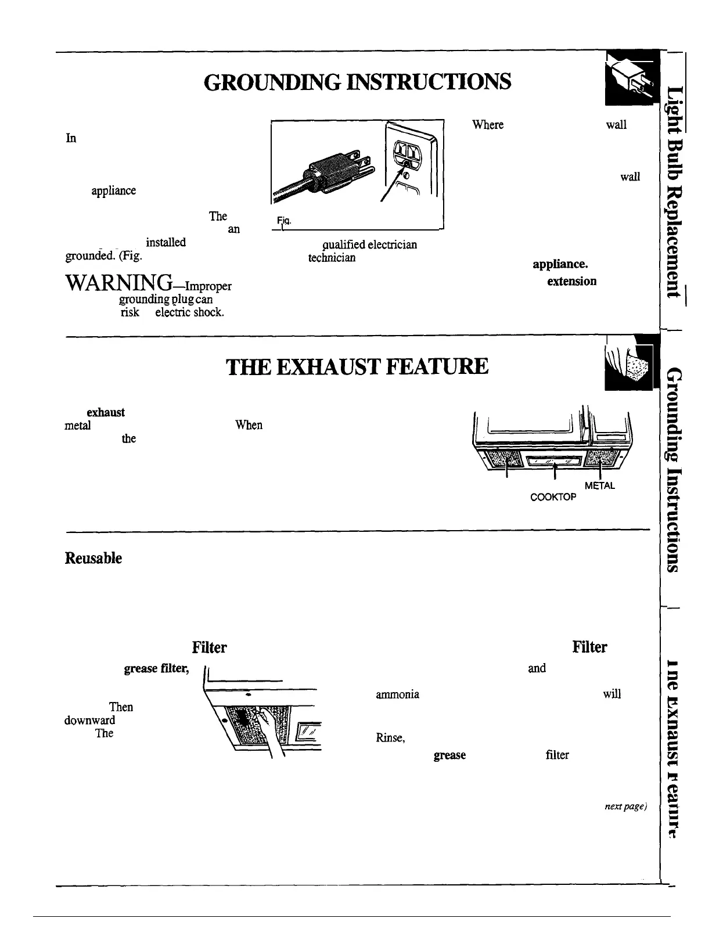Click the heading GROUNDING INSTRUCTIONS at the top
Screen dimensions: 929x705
click(357, 82)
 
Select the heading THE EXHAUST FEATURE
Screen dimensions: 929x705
click(357, 366)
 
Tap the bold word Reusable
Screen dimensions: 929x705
click(93, 559)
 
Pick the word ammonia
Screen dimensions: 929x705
click(398, 694)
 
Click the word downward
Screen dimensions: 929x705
click(89, 721)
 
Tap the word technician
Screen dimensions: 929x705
click(332, 258)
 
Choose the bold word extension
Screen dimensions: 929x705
click(571, 281)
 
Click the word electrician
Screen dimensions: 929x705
click(392, 244)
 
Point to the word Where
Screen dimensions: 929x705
click(488, 125)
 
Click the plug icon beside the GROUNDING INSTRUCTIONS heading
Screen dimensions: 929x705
click(631, 78)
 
